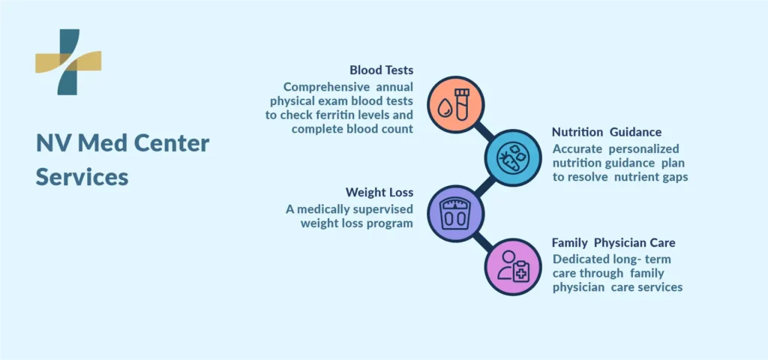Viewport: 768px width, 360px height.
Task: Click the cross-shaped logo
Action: (x=68, y=61)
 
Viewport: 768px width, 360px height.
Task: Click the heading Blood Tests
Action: (x=381, y=70)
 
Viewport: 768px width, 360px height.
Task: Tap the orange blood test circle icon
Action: (x=455, y=105)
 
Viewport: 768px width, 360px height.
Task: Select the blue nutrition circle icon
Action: (x=513, y=157)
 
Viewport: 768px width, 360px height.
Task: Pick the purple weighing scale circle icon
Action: (x=455, y=214)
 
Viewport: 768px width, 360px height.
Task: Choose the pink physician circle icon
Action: (x=513, y=267)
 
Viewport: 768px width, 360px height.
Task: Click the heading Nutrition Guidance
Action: (x=606, y=132)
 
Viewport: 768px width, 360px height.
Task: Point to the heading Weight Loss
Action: (x=379, y=192)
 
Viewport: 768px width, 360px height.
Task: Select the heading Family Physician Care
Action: (x=613, y=243)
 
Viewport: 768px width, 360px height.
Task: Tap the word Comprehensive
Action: (x=327, y=88)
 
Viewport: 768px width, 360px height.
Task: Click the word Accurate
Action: (x=574, y=149)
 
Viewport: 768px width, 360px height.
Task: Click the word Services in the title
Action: (x=82, y=177)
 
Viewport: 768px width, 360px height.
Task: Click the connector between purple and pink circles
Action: (x=484, y=241)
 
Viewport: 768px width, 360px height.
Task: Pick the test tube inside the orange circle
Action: (x=462, y=104)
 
